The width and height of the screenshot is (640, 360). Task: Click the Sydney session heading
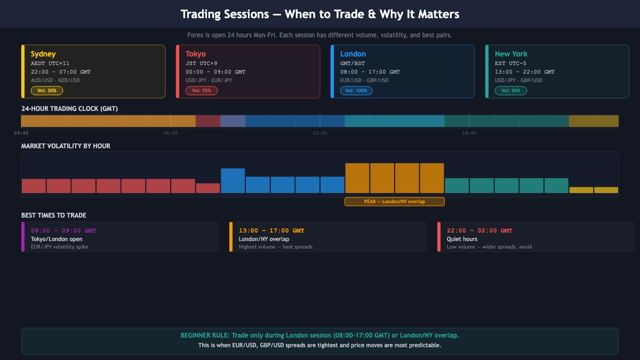coord(43,54)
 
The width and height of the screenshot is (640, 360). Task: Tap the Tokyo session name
coord(195,54)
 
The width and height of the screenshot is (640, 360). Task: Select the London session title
coord(353,54)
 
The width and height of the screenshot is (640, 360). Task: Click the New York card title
coord(511,54)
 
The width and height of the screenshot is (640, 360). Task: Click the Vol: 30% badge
coord(47,91)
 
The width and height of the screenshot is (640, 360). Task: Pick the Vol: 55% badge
coord(202,91)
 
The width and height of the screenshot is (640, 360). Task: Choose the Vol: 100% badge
coord(356,91)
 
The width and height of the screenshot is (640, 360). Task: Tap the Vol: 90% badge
coord(511,91)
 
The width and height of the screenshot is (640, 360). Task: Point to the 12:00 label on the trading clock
coord(320,133)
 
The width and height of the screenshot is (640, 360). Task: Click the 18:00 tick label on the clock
coord(469,133)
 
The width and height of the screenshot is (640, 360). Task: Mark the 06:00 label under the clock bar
coord(171,133)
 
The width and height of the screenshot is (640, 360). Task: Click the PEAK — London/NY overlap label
coord(395,202)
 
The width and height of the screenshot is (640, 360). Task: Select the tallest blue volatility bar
coord(233,180)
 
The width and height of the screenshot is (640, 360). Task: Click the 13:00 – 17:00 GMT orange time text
coord(271,230)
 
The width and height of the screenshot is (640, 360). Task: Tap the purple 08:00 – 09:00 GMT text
coord(63,230)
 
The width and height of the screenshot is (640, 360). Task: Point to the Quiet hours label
coord(462,239)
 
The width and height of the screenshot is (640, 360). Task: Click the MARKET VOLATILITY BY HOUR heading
coord(66,146)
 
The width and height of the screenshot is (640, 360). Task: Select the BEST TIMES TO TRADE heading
coord(54,215)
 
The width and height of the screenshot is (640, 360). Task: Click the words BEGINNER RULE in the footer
coord(206,335)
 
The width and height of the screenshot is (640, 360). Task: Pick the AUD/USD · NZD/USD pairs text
coord(55,81)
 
